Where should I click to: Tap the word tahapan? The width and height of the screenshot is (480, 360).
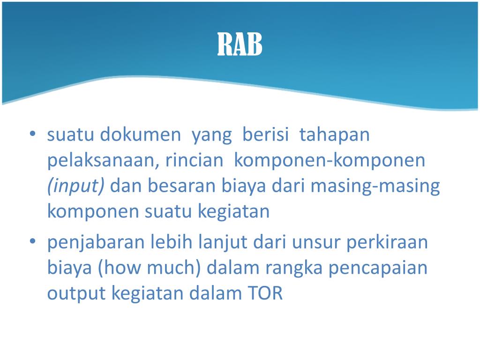pos(335,135)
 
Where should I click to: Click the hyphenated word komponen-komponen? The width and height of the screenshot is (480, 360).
pos(330,161)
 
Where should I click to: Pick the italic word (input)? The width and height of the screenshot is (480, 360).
pos(76,186)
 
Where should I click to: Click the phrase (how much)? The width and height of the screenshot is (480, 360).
pos(150,268)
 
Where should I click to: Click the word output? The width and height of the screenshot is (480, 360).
pos(77,293)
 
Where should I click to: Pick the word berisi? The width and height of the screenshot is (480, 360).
pos(266,135)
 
